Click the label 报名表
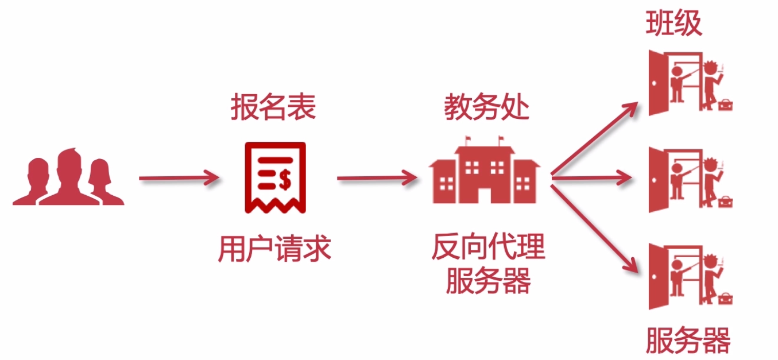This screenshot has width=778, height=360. pos(273,108)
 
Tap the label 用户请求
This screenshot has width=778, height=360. pos(274,249)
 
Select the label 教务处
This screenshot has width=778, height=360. pos(486,107)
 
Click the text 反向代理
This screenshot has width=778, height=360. pos(488,248)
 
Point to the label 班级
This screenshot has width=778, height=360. pos(674,24)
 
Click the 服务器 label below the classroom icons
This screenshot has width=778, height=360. pos(688,340)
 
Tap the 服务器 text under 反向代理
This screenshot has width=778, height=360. pos(488,281)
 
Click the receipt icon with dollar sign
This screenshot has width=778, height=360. pos(275,177)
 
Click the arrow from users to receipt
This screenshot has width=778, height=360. pos(178,179)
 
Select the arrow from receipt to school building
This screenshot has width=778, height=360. pos(377,179)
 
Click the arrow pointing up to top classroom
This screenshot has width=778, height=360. pos(595,138)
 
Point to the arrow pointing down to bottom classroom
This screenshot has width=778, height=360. pos(595,225)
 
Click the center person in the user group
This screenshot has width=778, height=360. pos(69,175)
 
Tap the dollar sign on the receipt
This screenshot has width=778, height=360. pos(285,180)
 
